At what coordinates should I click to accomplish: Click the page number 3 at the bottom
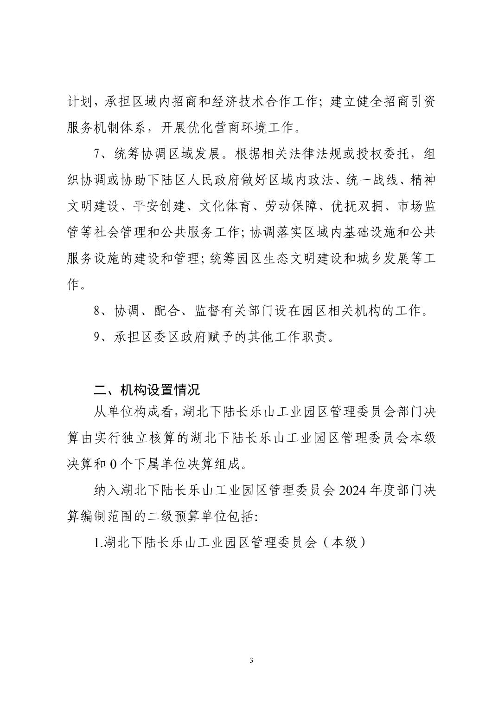click(251, 660)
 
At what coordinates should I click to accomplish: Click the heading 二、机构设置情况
click(147, 390)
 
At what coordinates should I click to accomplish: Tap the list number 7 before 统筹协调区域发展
click(97, 154)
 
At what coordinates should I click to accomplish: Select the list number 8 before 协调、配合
click(97, 311)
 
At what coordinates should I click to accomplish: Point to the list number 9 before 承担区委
click(97, 337)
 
